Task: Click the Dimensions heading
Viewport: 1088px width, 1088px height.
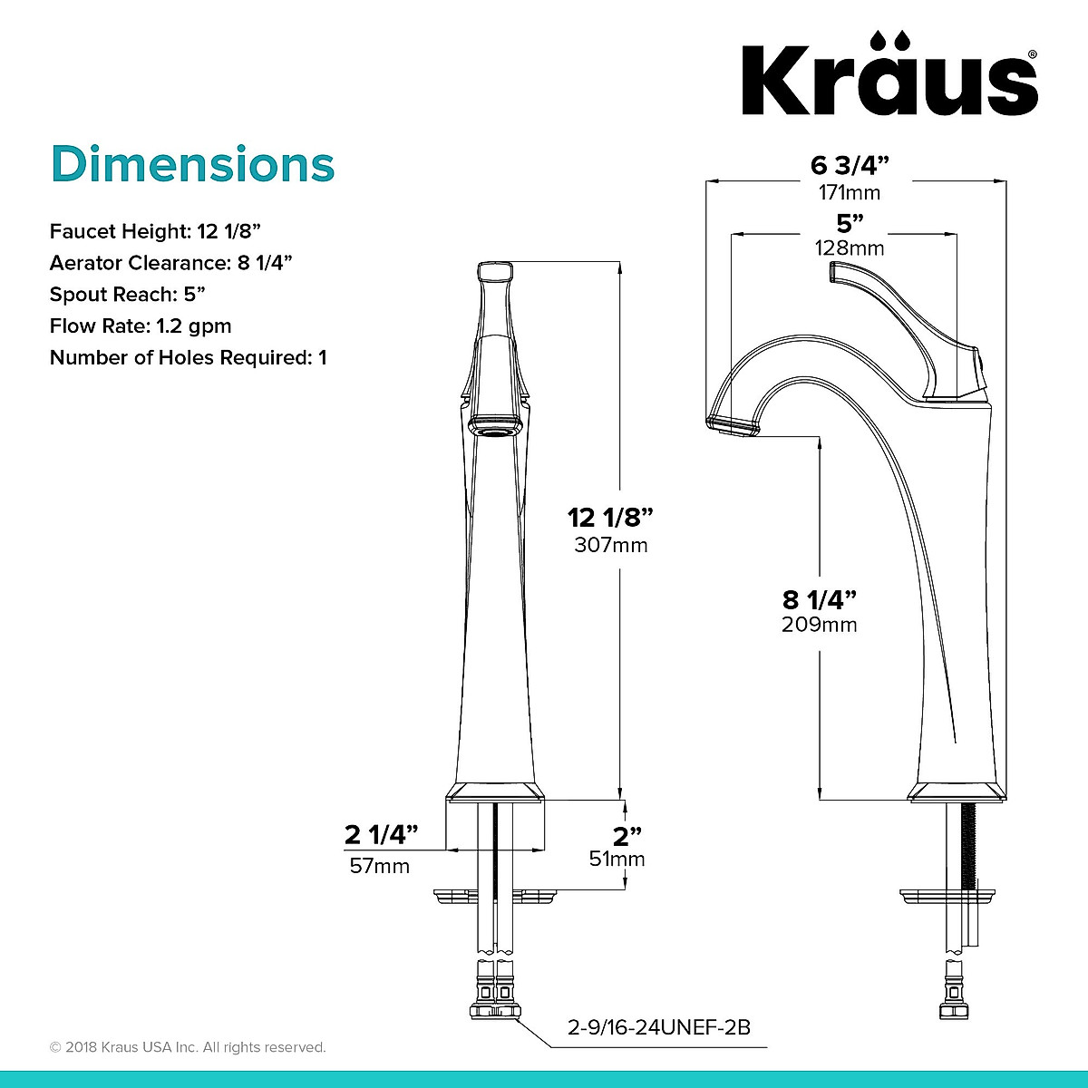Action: point(192,165)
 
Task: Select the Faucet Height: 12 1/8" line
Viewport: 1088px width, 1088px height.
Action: point(155,231)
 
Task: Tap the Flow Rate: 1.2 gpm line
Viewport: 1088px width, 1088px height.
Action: point(141,325)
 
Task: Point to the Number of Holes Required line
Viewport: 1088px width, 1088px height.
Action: point(188,357)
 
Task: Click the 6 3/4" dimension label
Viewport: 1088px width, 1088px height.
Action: point(849,166)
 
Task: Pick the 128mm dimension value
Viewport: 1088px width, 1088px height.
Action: point(849,248)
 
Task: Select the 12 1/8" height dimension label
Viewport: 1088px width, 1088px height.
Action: point(610,518)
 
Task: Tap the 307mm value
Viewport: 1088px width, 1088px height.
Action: point(610,545)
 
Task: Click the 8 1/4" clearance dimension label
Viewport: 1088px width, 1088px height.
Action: point(819,598)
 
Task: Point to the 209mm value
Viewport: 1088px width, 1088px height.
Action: point(819,624)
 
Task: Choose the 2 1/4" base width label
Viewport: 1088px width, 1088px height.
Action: point(381,833)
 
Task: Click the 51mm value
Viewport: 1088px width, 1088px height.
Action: point(617,859)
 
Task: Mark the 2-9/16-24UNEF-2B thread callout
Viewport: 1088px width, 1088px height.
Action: point(658,1027)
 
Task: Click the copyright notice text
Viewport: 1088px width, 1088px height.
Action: point(188,1047)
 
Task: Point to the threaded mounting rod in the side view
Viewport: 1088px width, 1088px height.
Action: point(971,843)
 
